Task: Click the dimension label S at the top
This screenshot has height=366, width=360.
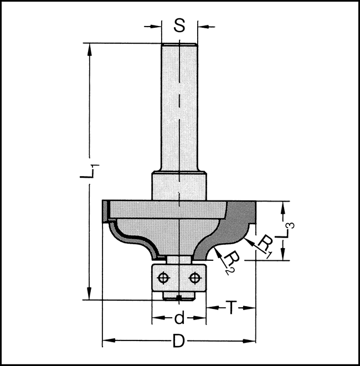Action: (x=179, y=25)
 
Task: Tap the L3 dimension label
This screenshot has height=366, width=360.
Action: (x=290, y=230)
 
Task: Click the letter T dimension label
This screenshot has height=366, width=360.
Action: (x=233, y=306)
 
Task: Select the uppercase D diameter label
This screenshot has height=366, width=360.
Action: (x=178, y=341)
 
